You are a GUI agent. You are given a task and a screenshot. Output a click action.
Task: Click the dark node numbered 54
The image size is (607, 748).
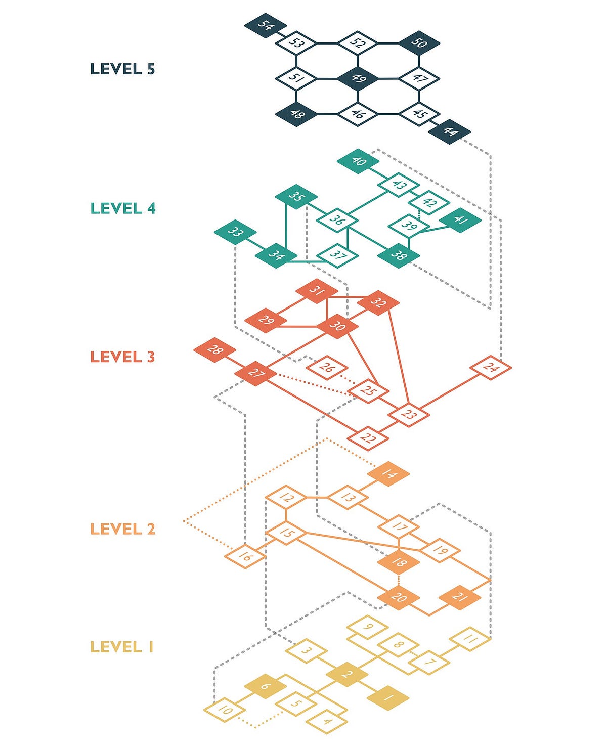(266, 26)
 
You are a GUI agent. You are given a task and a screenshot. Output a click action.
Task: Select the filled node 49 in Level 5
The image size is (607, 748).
(358, 79)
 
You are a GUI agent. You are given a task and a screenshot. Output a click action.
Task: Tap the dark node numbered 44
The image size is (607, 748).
(450, 131)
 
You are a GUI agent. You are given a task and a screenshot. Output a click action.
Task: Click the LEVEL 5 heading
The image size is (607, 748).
(122, 69)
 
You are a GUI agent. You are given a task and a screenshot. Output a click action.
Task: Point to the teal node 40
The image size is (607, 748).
(358, 161)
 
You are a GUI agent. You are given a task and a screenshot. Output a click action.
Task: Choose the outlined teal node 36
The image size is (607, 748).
(337, 220)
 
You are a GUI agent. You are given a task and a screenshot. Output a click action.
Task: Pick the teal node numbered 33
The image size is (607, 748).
(235, 232)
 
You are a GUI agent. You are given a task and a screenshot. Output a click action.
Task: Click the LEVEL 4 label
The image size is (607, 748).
(122, 208)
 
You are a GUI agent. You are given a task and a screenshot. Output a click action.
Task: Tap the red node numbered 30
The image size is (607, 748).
(337, 326)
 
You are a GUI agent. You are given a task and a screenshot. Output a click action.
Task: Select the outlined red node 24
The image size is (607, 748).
(490, 368)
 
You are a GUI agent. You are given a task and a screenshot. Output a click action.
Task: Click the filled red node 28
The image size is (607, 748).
(214, 350)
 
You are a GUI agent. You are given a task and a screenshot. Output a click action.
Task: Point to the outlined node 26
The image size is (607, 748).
(327, 368)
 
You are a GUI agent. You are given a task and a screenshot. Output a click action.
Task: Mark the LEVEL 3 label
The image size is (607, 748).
(122, 357)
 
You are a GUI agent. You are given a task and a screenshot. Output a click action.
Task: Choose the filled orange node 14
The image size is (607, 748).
(388, 474)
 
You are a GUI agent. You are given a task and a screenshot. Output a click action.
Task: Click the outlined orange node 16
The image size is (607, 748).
(245, 556)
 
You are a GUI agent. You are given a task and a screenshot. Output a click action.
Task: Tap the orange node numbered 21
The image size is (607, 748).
(460, 597)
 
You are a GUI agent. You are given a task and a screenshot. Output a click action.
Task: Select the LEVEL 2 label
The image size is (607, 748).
(122, 529)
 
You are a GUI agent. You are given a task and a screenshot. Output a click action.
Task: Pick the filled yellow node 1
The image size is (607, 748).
(388, 698)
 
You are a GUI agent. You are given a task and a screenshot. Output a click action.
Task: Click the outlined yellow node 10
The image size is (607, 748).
(225, 710)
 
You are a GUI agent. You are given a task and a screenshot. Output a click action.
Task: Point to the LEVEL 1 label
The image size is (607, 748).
(122, 647)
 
